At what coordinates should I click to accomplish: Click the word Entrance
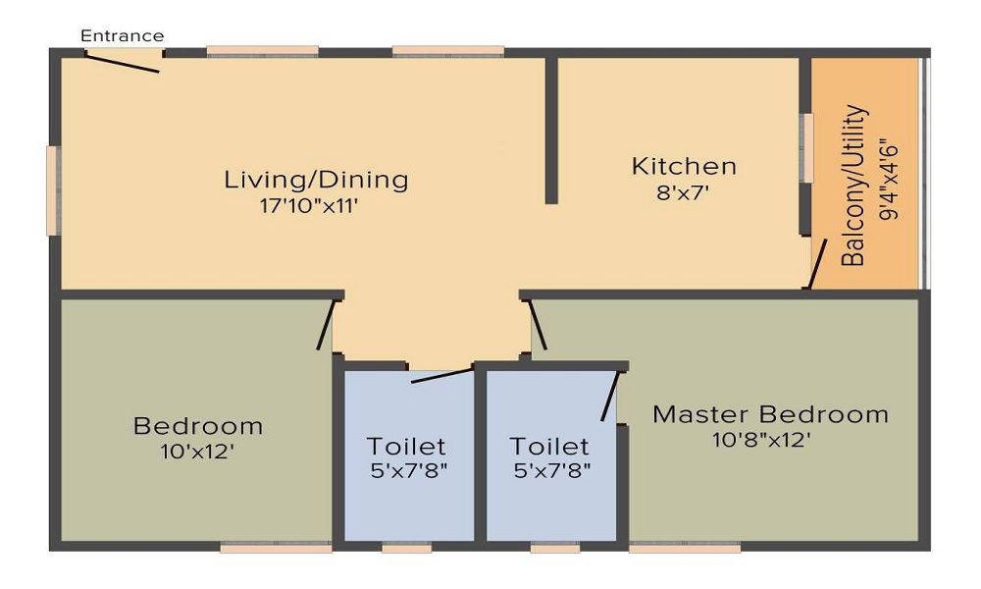click(122, 36)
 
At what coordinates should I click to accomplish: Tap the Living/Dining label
click(316, 181)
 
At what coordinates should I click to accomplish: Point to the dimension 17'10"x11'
click(316, 206)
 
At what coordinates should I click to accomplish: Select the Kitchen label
click(684, 166)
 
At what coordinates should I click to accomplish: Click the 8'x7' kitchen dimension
click(684, 192)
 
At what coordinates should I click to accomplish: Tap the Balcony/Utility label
click(854, 186)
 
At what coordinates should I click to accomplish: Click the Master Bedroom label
click(770, 413)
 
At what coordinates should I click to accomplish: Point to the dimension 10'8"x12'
click(761, 440)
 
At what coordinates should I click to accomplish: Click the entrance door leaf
click(122, 61)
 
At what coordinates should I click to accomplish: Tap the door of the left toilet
click(440, 374)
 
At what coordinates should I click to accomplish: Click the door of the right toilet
click(610, 396)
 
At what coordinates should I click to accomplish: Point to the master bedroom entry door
click(538, 323)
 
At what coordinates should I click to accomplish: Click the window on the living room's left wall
click(53, 190)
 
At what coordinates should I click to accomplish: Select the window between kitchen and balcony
click(807, 148)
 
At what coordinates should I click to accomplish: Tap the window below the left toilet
click(406, 549)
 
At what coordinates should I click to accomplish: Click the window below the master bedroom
click(685, 549)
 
